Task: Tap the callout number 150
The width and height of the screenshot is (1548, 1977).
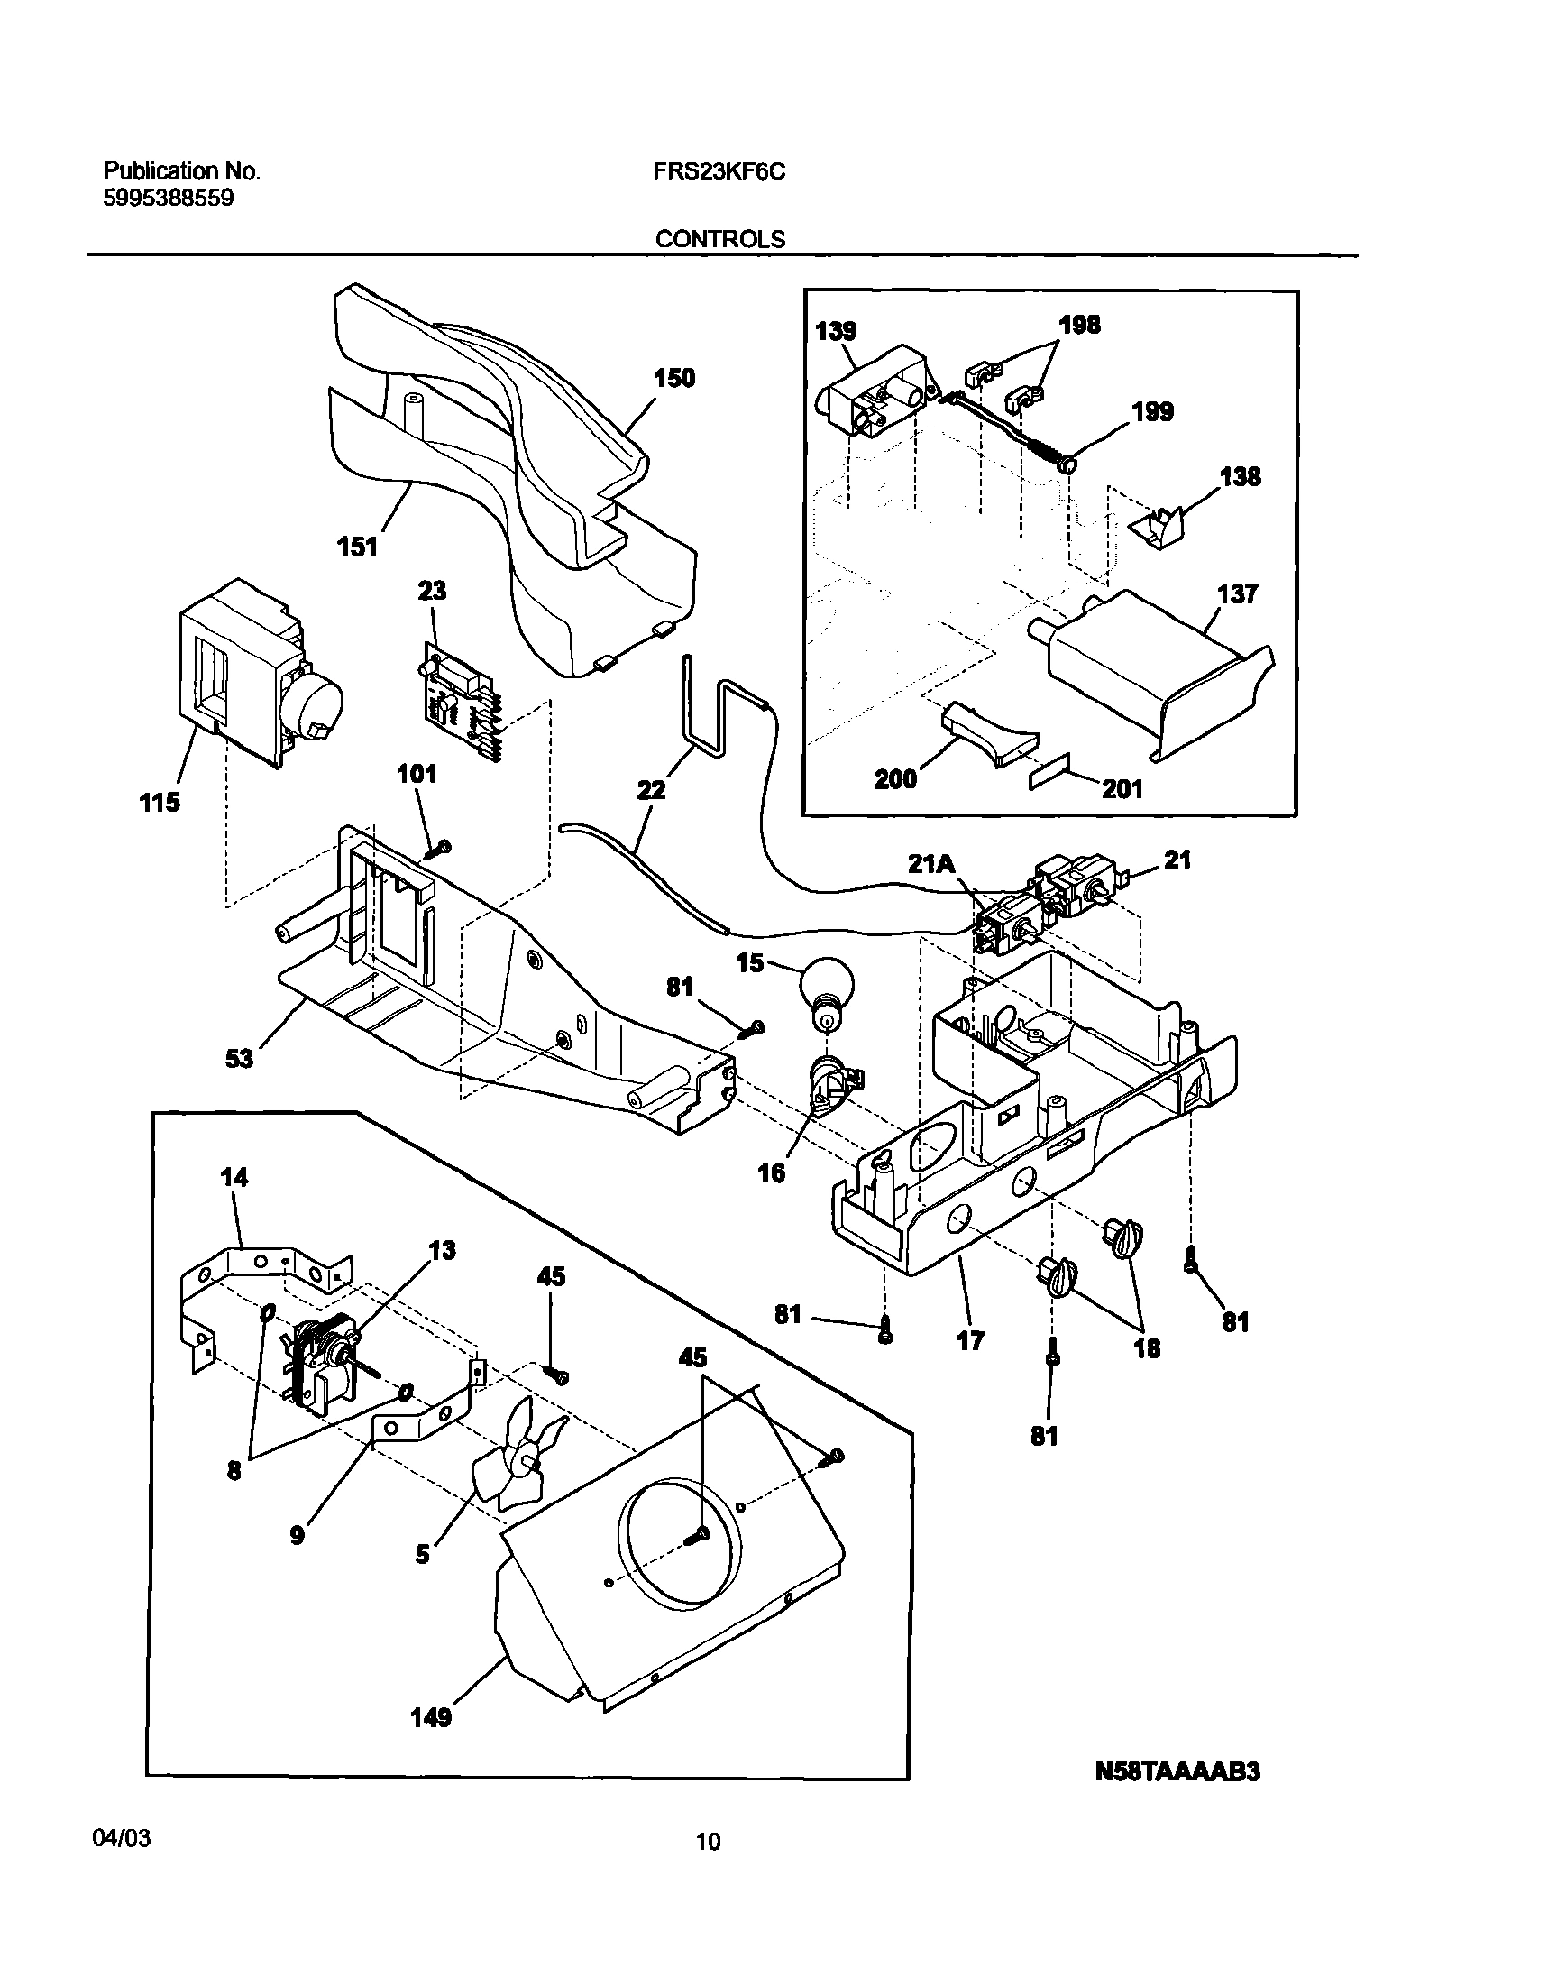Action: coord(674,378)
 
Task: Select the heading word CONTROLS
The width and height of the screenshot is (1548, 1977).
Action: coord(719,239)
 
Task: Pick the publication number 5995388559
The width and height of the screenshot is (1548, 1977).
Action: coord(169,198)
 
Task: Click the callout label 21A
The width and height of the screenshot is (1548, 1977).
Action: coord(931,865)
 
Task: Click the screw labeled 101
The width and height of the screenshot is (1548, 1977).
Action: coord(443,847)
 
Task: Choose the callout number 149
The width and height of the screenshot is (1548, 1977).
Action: coord(431,1717)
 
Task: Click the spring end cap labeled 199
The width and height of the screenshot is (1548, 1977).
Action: coord(1067,465)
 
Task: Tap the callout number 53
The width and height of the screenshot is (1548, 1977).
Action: coord(239,1058)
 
